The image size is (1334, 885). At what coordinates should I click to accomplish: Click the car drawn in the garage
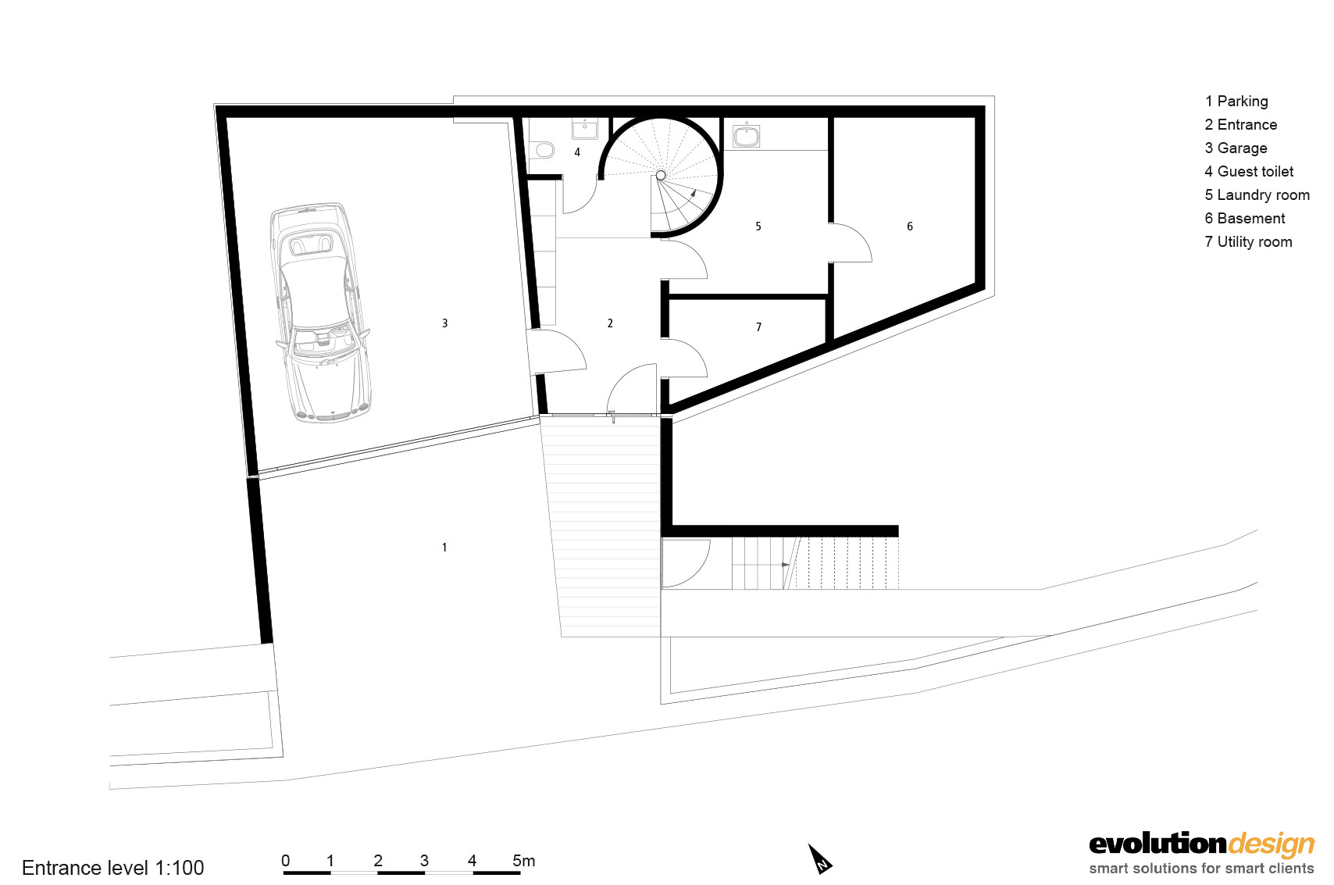click(x=321, y=312)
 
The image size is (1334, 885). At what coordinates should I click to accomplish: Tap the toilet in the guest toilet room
click(x=544, y=148)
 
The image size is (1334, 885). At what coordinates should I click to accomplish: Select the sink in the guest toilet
click(x=584, y=128)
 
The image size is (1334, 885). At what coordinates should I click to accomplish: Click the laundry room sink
click(x=746, y=135)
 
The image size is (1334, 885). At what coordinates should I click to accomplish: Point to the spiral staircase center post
click(x=661, y=176)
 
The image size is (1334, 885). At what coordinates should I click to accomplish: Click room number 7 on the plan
click(x=758, y=327)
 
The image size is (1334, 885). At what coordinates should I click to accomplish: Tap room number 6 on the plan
click(x=910, y=227)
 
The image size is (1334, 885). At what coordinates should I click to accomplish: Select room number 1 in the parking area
click(x=444, y=548)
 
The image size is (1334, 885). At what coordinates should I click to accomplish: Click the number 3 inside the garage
click(x=445, y=323)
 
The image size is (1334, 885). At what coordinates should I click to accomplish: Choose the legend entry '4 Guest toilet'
click(x=1249, y=172)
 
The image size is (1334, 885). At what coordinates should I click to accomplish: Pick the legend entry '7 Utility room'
click(x=1248, y=242)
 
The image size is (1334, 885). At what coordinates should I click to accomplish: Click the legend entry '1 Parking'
click(x=1236, y=102)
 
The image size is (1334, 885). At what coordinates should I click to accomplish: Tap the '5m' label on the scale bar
click(x=523, y=861)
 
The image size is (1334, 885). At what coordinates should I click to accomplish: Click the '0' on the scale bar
click(x=286, y=861)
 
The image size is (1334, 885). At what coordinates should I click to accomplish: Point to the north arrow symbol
click(x=820, y=859)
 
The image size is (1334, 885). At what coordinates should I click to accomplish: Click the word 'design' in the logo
click(x=1272, y=844)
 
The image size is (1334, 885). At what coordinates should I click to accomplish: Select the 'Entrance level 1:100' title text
click(x=113, y=868)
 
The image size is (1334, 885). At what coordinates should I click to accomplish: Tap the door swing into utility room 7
click(x=686, y=357)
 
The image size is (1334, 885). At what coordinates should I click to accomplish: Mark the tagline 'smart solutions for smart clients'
click(x=1201, y=869)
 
